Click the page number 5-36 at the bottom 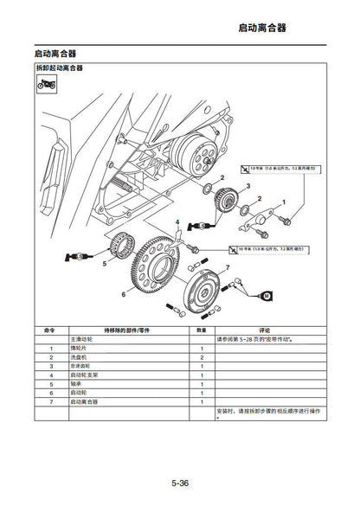click(x=180, y=481)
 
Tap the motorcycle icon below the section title click(x=46, y=85)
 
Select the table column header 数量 click(x=201, y=330)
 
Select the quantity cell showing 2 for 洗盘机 click(x=201, y=357)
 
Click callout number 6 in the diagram click(x=124, y=294)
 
